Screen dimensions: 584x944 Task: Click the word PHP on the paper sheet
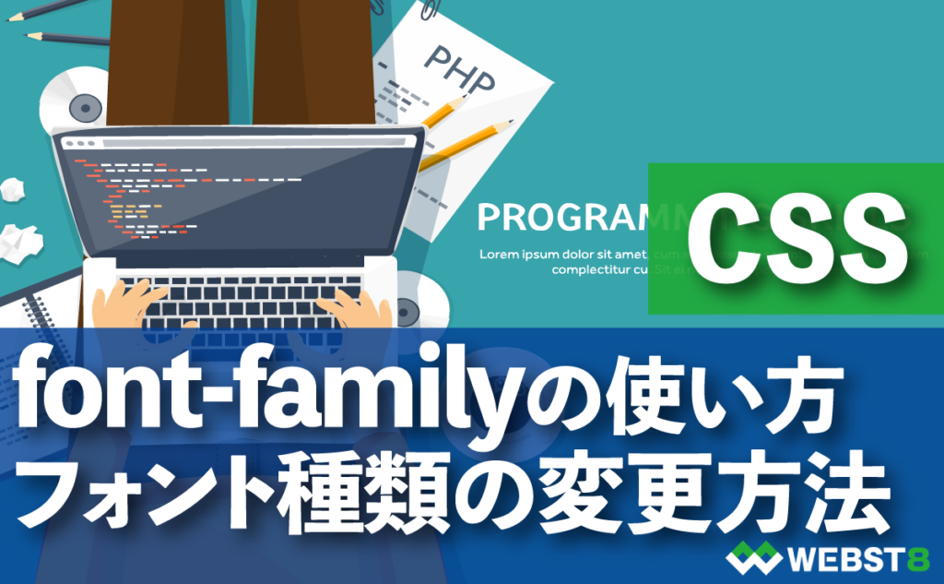(459, 65)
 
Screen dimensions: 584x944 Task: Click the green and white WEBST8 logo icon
(751, 557)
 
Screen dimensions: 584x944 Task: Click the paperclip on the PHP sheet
(429, 12)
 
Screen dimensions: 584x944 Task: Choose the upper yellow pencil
(442, 114)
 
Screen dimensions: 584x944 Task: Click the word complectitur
(591, 270)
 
